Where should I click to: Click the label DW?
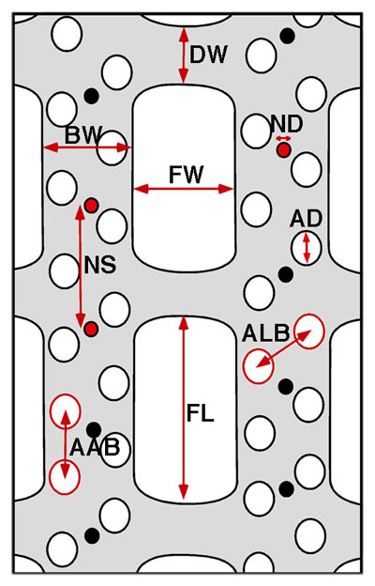point(208,54)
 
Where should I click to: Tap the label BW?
point(83,134)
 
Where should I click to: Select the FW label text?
point(187,175)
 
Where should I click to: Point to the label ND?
point(287,124)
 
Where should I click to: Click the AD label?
point(306,219)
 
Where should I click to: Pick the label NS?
point(100,265)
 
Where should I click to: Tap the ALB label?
point(265,333)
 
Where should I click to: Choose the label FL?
point(201,413)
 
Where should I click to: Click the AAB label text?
point(95,447)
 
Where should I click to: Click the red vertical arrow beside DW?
point(183,55)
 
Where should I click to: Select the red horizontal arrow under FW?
point(184,189)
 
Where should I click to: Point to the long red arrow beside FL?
point(183,408)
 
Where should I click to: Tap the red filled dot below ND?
point(283,150)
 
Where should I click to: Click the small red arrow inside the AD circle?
point(307,247)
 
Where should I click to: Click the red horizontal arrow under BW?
point(87,147)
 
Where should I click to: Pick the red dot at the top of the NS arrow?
point(91,206)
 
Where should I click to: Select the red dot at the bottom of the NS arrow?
point(91,330)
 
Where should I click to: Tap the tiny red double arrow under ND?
point(283,139)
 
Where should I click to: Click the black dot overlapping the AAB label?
point(94,430)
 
